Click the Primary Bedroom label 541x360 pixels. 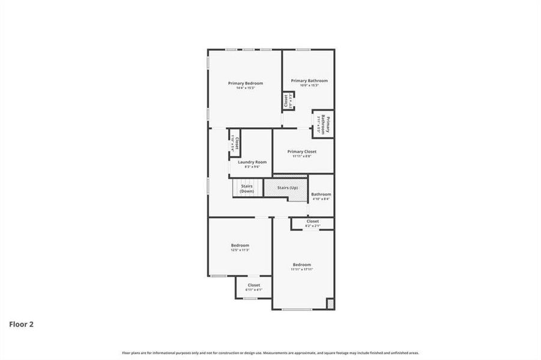pyautogui.click(x=245, y=83)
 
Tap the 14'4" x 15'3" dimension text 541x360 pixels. pyautogui.click(x=245, y=88)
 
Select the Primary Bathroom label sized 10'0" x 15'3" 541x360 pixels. pyautogui.click(x=309, y=80)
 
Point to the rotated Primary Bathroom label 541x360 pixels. pyautogui.click(x=322, y=124)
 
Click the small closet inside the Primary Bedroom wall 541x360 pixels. pyautogui.click(x=287, y=100)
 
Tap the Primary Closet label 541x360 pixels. pyautogui.click(x=302, y=152)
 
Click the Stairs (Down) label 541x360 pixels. pyautogui.click(x=247, y=188)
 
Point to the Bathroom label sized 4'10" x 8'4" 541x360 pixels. pyautogui.click(x=321, y=194)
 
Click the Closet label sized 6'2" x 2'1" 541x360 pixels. pyautogui.click(x=312, y=221)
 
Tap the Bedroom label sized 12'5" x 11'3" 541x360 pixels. pyautogui.click(x=240, y=245)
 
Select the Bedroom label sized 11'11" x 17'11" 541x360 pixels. pyautogui.click(x=302, y=265)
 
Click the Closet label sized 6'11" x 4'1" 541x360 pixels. pyautogui.click(x=253, y=285)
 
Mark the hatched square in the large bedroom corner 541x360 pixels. pyautogui.click(x=330, y=304)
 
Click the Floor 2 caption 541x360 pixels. pyautogui.click(x=21, y=324)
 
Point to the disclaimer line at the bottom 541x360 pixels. pyautogui.click(x=270, y=353)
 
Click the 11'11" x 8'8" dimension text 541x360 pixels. pyautogui.click(x=302, y=157)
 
